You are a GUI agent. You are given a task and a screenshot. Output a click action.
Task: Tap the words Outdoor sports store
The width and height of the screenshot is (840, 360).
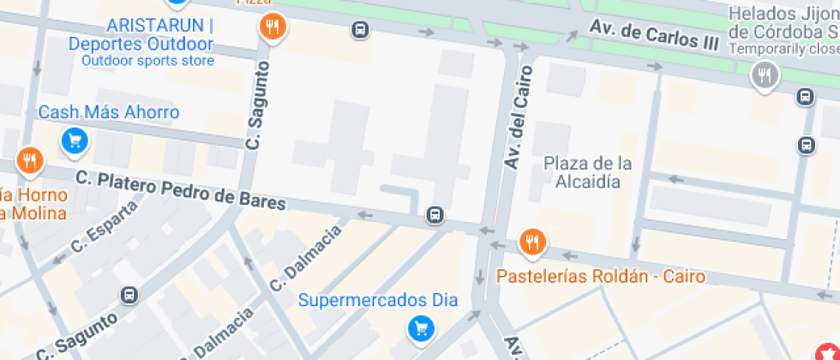click(x=147, y=61)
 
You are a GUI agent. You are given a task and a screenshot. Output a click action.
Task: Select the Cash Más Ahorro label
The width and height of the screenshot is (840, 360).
click(x=109, y=112)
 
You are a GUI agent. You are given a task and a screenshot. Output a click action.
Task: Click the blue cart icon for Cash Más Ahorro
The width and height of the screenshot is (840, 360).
click(x=75, y=141)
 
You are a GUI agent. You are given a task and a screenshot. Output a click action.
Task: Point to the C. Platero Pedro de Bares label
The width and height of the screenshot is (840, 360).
click(x=180, y=190)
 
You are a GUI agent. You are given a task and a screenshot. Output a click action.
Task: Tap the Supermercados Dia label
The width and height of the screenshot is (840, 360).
click(x=378, y=300)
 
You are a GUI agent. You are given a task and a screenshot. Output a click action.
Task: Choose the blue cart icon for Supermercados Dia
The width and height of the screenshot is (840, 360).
click(x=420, y=327)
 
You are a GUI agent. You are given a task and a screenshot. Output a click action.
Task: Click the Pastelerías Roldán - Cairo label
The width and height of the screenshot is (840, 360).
click(x=601, y=276)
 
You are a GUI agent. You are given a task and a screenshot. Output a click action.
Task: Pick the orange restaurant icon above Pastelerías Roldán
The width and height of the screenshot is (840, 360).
click(x=533, y=243)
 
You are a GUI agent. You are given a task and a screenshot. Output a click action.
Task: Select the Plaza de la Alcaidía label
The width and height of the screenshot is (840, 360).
click(x=588, y=172)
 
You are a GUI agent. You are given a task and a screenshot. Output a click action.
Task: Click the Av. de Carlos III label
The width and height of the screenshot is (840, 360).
click(x=653, y=36)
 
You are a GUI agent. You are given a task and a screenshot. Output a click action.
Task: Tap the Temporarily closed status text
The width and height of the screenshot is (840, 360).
click(x=783, y=49)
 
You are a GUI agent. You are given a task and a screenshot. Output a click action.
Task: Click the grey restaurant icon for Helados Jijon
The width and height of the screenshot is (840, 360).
click(x=763, y=76)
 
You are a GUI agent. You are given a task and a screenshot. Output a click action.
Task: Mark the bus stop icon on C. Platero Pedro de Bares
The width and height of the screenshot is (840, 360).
click(x=436, y=214)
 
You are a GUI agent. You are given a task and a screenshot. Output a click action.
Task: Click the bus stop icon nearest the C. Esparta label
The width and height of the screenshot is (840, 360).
click(x=129, y=296)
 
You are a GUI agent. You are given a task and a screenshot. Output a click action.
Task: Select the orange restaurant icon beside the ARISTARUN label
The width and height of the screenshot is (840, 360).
click(x=272, y=27)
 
